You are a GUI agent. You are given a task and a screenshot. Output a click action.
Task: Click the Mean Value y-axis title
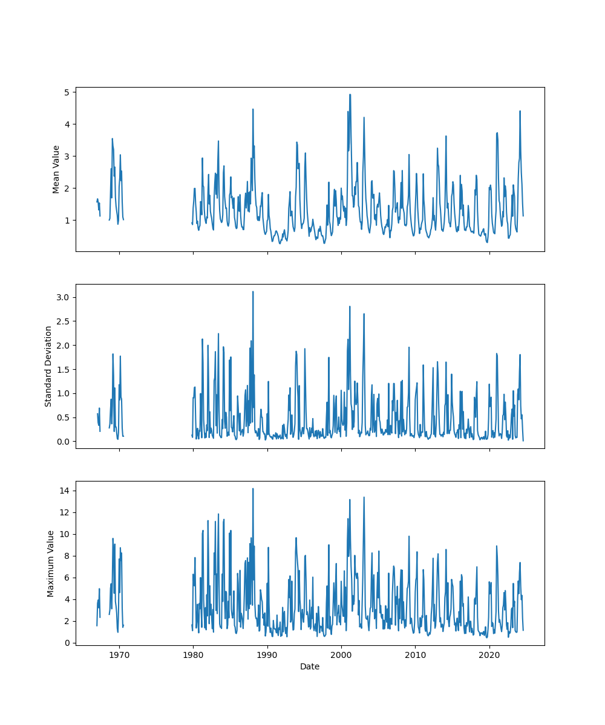tap(56, 169)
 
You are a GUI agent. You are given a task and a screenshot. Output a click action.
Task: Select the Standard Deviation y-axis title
tap(48, 366)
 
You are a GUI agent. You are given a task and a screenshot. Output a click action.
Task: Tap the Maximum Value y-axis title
tap(51, 564)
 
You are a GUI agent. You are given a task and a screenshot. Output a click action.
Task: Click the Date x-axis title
tap(310, 667)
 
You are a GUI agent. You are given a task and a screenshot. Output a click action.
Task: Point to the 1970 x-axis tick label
tap(119, 655)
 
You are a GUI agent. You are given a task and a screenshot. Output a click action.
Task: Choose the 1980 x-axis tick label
tap(193, 655)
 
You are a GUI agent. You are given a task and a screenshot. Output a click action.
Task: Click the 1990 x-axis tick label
tap(267, 655)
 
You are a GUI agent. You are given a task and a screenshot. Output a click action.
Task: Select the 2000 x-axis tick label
tap(341, 655)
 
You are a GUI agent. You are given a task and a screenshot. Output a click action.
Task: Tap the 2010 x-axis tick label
tap(415, 655)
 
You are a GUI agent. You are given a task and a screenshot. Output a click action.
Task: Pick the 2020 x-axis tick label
tap(489, 655)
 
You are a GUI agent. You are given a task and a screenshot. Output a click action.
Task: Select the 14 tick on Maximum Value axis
tap(65, 491)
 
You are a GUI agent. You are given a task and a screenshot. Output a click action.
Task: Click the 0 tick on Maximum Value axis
tap(67, 643)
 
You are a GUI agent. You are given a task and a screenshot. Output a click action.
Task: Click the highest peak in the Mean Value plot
tap(350, 94)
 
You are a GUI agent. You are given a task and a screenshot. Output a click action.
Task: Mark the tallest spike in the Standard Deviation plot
tap(253, 291)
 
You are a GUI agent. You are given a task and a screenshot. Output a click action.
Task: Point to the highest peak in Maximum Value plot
tap(253, 488)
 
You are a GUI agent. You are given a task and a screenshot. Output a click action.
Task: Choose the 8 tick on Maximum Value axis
tap(67, 556)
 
